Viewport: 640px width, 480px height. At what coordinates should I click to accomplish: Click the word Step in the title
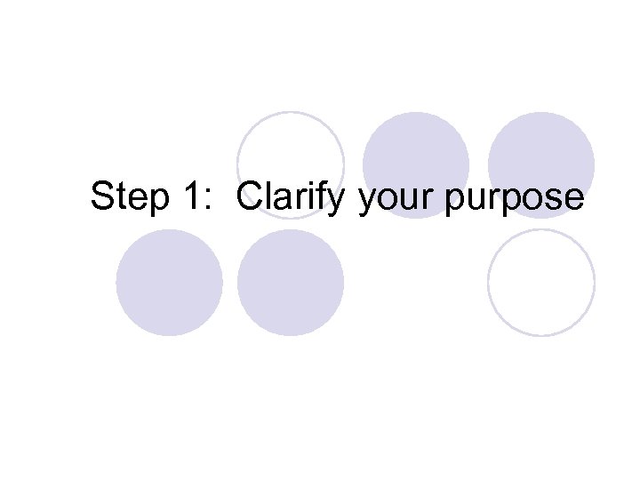[128, 196]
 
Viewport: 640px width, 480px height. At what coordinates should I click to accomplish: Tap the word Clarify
[290, 196]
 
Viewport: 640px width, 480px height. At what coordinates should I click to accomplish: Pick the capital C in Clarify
[250, 196]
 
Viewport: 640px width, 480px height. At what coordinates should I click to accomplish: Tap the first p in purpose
[455, 202]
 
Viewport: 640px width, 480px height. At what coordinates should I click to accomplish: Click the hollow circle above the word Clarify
[290, 151]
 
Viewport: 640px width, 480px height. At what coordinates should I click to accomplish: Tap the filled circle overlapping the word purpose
[541, 156]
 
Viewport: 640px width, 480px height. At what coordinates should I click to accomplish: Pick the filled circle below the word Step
[169, 283]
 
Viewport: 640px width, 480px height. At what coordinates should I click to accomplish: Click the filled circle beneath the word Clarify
[291, 283]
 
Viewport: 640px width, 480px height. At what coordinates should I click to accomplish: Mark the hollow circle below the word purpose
[541, 283]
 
